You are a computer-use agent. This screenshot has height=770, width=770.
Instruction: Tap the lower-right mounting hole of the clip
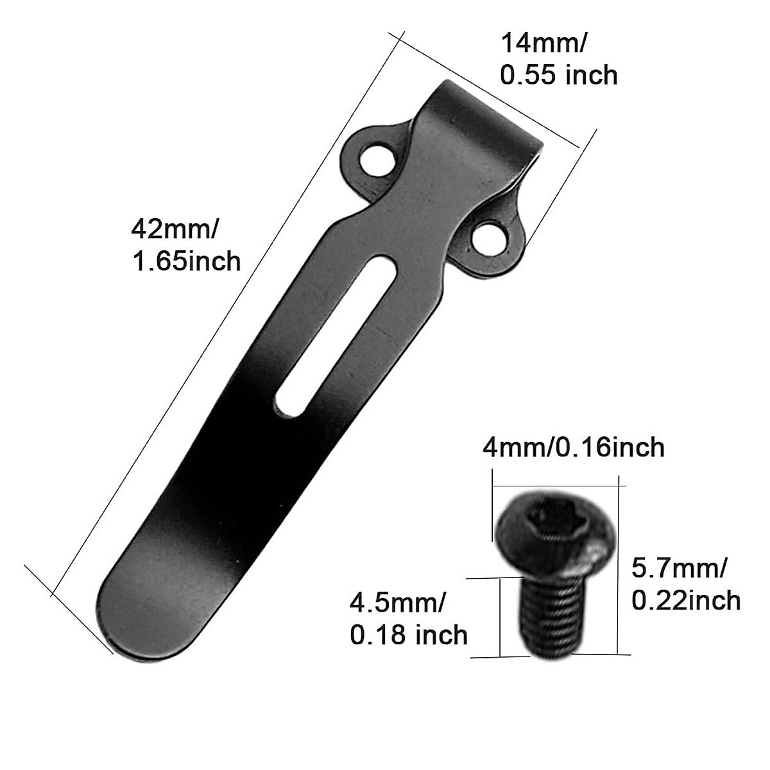(x=488, y=237)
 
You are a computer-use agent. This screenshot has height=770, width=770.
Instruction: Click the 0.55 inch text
(x=559, y=75)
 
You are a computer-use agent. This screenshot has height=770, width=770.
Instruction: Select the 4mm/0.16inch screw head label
(x=574, y=447)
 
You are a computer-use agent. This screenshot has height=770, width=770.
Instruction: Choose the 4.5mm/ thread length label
(x=398, y=603)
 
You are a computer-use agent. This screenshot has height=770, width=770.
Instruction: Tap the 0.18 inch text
(x=409, y=635)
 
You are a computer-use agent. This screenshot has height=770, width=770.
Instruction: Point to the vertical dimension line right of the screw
(x=618, y=565)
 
